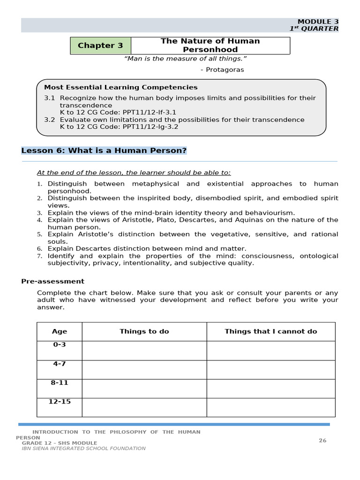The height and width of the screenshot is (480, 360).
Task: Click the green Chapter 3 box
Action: click(100, 45)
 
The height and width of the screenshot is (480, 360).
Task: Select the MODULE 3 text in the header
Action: click(318, 22)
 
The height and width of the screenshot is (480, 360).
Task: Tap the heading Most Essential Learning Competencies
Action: click(120, 87)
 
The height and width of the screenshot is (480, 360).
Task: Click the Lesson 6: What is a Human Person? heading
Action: click(104, 150)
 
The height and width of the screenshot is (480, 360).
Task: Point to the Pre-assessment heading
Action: click(52, 281)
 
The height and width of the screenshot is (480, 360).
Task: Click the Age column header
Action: click(60, 331)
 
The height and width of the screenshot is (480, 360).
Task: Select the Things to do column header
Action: click(144, 331)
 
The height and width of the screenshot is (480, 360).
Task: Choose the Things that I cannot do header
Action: click(270, 331)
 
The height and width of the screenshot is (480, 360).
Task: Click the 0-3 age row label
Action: click(60, 345)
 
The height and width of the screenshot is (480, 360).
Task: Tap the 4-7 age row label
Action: click(60, 364)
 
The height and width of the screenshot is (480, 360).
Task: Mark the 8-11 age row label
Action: click(60, 382)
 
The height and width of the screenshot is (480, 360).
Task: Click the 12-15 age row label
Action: click(60, 402)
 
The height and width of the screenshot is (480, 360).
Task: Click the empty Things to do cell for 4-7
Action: click(144, 369)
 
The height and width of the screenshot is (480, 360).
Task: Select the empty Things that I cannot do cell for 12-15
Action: click(270, 407)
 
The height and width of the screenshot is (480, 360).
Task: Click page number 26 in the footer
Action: click(322, 440)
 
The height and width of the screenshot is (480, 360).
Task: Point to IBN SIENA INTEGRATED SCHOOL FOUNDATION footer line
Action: click(83, 449)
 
